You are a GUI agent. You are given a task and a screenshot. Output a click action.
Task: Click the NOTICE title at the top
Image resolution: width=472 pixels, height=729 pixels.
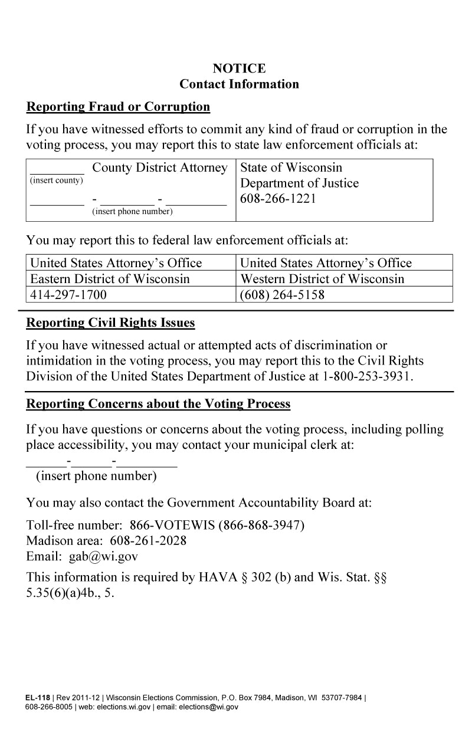[x=239, y=68]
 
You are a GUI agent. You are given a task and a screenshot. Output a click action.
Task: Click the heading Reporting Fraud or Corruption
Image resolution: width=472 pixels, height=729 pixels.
[x=118, y=107]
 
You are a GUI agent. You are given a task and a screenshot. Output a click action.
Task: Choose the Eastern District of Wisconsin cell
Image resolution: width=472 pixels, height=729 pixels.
[x=110, y=278]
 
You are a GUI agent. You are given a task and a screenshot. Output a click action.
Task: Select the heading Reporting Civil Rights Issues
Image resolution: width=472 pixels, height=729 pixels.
[x=110, y=324]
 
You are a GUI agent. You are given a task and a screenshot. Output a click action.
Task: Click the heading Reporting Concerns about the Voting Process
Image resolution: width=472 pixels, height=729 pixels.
[x=158, y=404]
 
